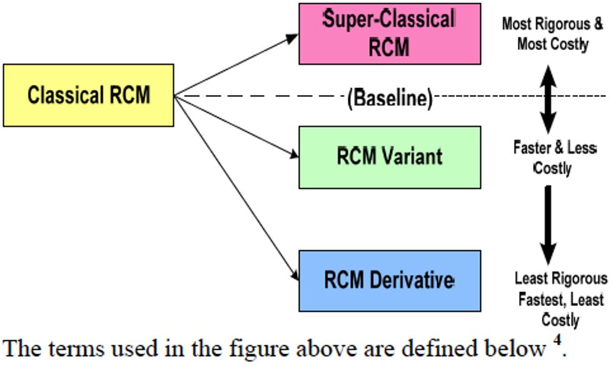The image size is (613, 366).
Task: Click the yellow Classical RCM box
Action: (88, 95)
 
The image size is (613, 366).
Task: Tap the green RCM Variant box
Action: (389, 157)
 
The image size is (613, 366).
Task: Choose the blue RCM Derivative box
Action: (389, 280)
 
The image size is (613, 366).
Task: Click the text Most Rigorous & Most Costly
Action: (552, 34)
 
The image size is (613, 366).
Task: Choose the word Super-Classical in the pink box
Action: (389, 20)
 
